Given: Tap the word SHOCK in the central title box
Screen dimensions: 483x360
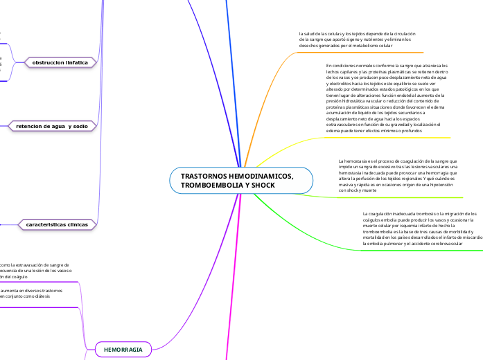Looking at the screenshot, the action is click(x=263, y=186).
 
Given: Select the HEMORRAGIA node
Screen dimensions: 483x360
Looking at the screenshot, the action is click(x=123, y=350).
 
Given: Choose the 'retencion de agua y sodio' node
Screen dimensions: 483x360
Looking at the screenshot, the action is click(x=52, y=126).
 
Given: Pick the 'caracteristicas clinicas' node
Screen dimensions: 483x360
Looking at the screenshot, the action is click(x=57, y=225).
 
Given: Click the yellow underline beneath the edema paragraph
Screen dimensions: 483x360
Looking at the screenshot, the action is click(x=388, y=137).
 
